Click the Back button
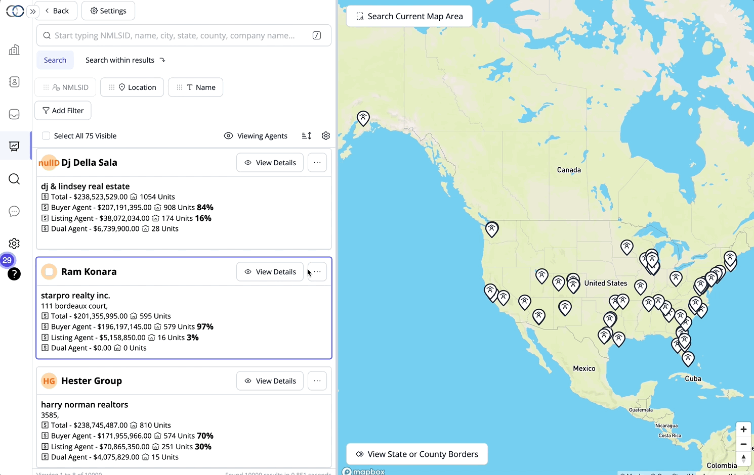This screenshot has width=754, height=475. pos(56,11)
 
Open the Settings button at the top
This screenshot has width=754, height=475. pos(108,11)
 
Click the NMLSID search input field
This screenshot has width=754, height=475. pos(175,35)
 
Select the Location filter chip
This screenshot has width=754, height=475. pos(132,87)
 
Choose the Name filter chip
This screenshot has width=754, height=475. pos(195,87)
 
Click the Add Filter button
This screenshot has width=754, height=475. pos(63,111)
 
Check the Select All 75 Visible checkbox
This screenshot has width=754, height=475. pos(46,136)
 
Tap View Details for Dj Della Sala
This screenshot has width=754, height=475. pos(270,163)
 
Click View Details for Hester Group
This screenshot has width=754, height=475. pos(270,381)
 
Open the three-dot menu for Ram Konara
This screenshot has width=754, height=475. pos(317,272)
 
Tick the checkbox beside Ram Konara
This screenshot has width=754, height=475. pos(49,272)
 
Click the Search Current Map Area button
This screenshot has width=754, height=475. pos(409,16)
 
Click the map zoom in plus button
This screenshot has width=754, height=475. pos(743,430)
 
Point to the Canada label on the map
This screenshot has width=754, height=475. pos(569,170)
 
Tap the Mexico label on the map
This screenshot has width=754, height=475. pos(584,368)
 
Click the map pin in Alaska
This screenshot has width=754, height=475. pos(363,118)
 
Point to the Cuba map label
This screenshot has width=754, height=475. pos(693,378)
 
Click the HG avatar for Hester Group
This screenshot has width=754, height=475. pos(49,381)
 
